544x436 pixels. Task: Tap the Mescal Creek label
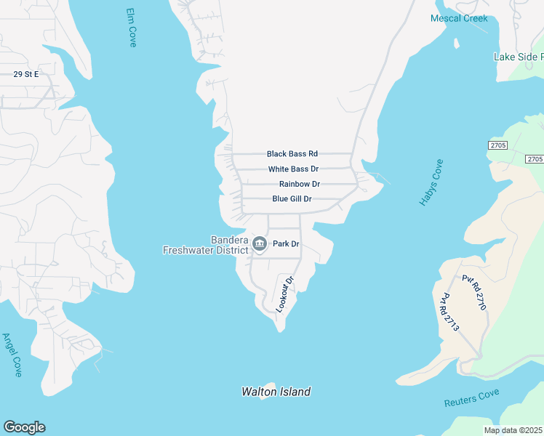(x=459, y=18)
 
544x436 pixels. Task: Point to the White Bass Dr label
(x=293, y=169)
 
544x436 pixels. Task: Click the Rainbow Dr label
(x=300, y=185)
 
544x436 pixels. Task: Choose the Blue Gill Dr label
(x=292, y=199)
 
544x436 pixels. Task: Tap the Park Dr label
(x=286, y=244)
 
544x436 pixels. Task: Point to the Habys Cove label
(x=431, y=182)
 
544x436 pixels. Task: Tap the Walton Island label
(x=276, y=392)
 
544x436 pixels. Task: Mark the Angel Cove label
(x=12, y=355)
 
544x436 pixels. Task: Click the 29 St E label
(x=25, y=74)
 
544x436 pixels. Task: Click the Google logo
(x=24, y=427)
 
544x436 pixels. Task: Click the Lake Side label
(x=517, y=57)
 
